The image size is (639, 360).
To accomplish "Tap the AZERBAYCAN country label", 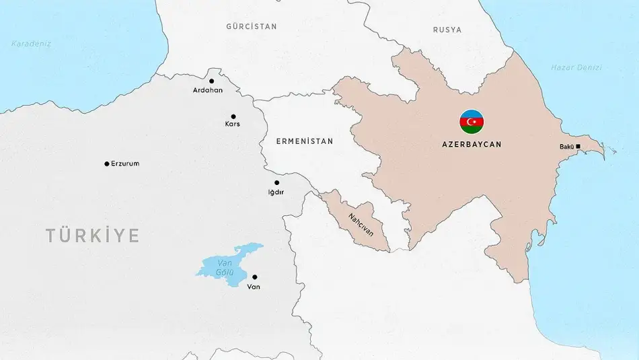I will point(472,144).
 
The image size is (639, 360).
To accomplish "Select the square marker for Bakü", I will point(578,146).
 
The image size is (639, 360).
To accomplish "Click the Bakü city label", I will point(566,147).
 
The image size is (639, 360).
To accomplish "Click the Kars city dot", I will point(233,116).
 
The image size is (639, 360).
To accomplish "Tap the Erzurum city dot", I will point(106,164).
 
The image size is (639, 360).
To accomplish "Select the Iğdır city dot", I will point(276,182).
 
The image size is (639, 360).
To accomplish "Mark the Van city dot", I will point(254,277).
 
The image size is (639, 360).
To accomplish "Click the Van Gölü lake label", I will point(223,268).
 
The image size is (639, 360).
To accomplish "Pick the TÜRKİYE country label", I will point(93,236).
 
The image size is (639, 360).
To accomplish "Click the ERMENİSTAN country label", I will point(305,141).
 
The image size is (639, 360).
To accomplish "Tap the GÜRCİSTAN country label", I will point(252,26).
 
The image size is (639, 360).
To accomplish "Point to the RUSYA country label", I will point(447,30).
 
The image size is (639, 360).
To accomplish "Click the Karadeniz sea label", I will point(31,44).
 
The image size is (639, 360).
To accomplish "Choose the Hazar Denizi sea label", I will point(576,67).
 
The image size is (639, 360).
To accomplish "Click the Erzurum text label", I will point(125,164).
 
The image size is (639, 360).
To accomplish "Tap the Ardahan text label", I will point(207,90).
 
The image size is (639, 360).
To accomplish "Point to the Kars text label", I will point(233,124).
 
